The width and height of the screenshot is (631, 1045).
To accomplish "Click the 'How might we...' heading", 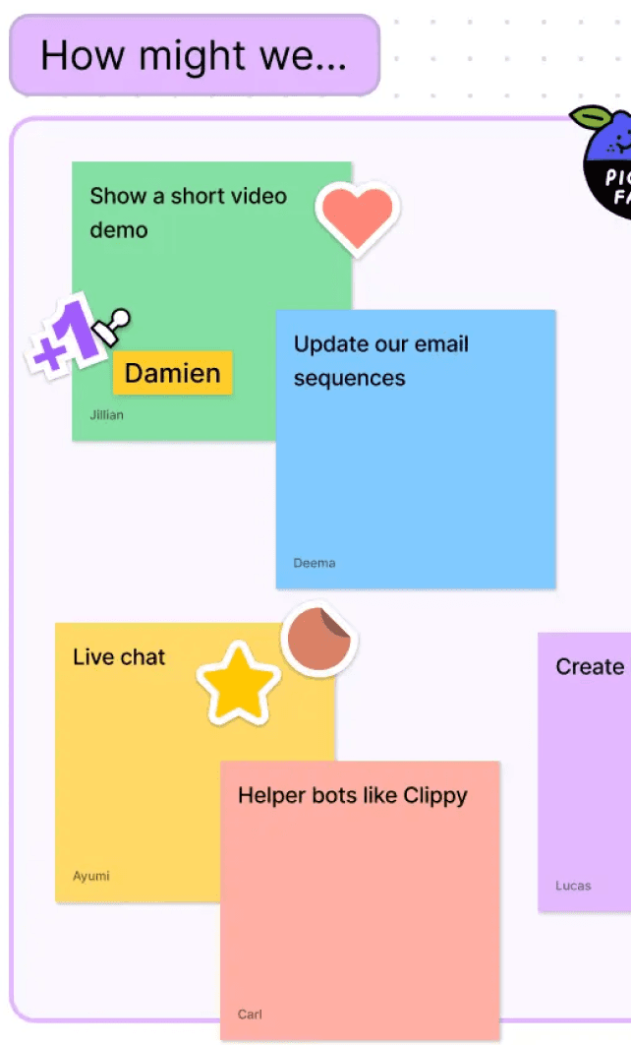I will (194, 55).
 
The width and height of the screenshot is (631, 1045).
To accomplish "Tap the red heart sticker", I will (357, 215).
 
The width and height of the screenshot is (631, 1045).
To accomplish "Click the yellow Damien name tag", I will (173, 373).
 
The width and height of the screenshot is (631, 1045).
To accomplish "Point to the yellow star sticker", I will (239, 684).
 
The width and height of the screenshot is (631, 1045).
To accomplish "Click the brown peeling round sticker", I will (318, 641).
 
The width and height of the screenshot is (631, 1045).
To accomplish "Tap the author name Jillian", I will (107, 415).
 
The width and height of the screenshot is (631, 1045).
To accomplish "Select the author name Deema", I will (315, 563).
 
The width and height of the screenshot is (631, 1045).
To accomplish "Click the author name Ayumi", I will (91, 876).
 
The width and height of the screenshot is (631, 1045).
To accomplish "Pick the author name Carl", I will (250, 1014).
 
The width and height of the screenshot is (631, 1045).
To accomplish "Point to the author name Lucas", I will (573, 886).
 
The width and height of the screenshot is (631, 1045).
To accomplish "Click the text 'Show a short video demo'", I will (188, 213).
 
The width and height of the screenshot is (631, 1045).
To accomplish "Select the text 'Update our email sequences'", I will (380, 361).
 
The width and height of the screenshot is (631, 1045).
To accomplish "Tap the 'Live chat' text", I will (119, 657).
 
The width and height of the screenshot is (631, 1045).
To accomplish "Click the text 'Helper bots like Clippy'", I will (352, 795).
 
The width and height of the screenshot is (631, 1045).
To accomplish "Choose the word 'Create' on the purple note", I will (590, 667).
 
